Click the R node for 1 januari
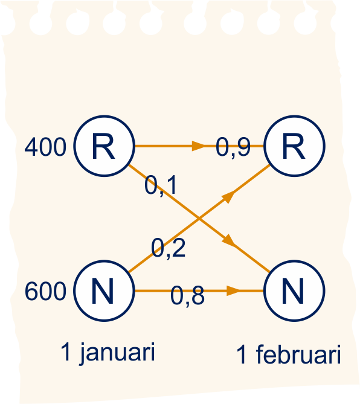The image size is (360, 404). point(104,146)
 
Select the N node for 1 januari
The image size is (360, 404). point(104,291)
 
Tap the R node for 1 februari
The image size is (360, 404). point(294,146)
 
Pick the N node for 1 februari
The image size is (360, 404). point(294,291)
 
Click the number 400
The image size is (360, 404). point(45,147)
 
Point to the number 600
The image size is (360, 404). point(45,291)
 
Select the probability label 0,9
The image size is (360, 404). point(233,147)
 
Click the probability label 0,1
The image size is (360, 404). point(161,185)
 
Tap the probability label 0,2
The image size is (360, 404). point(168,248)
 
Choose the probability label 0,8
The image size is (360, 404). point(188,296)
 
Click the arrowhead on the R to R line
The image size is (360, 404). point(199,146)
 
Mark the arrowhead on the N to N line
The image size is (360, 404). point(234,291)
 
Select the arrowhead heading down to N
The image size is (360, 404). point(229,241)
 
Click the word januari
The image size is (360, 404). point(117,353)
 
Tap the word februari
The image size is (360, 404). point(298,354)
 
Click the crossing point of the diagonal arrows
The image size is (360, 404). point(199,219)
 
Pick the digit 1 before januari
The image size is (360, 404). point(66,351)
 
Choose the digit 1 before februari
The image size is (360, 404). point(242,354)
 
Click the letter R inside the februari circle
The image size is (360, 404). point(294,146)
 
